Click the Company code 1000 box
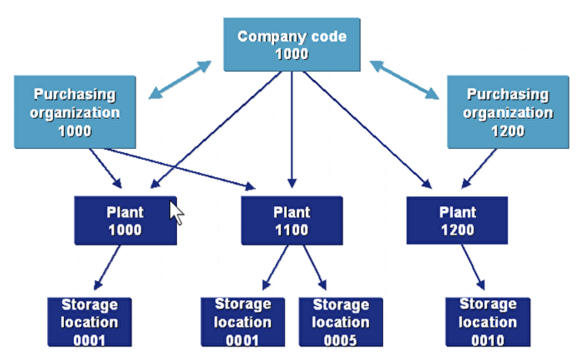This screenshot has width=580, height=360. point(291,45)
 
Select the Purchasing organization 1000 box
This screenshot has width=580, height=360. point(74,112)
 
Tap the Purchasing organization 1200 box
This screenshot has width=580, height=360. point(507,112)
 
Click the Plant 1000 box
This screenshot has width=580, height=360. point(124,221)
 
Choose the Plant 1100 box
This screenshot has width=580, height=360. point(291,221)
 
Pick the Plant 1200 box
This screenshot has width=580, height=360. point(457,221)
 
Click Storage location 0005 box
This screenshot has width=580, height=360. point(340,322)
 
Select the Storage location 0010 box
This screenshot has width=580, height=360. point(488,322)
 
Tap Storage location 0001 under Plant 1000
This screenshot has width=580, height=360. point(89,322)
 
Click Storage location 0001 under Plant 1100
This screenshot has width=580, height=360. point(242,322)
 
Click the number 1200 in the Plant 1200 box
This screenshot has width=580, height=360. point(457,230)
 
